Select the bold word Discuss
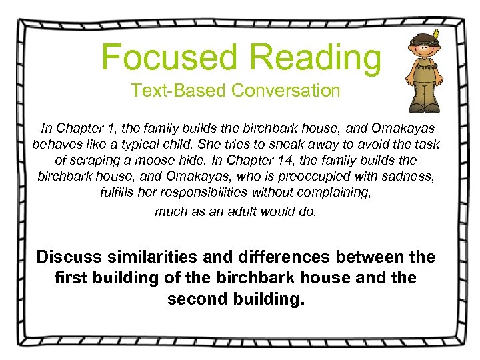point(70,257)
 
